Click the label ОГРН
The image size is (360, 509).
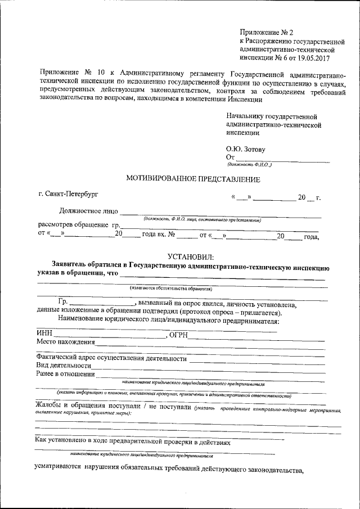coord(177,335)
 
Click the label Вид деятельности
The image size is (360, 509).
coord(63,365)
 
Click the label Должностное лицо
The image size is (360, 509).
coord(89,211)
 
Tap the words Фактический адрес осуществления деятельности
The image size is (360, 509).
coord(111,358)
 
